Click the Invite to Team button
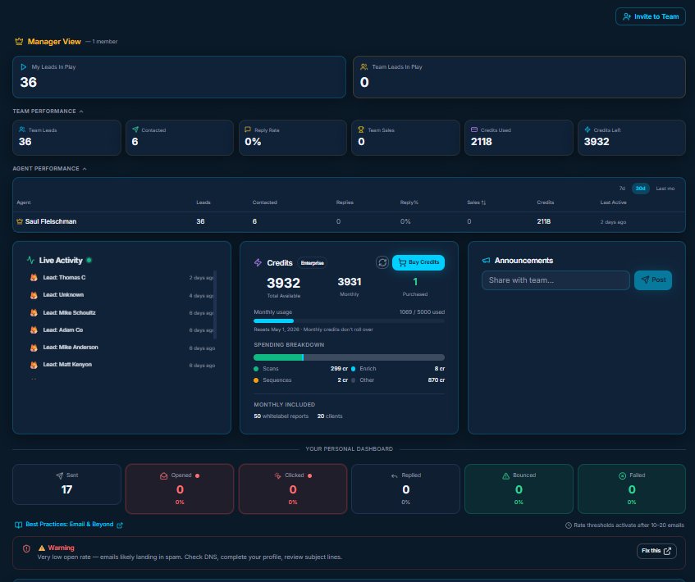(x=651, y=16)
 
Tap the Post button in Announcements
(x=653, y=280)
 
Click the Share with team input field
(x=556, y=280)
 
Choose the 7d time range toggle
(x=621, y=189)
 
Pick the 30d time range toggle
(x=640, y=189)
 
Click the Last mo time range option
(x=665, y=189)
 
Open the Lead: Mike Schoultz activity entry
(x=70, y=313)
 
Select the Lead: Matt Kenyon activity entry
(x=67, y=364)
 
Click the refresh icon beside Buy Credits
(x=382, y=262)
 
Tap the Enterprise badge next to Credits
(x=313, y=263)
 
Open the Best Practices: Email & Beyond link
(x=69, y=525)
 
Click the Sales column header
(x=474, y=202)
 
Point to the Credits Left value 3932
(x=597, y=142)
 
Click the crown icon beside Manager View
(x=19, y=41)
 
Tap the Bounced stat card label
(x=519, y=475)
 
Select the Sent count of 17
(x=67, y=489)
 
